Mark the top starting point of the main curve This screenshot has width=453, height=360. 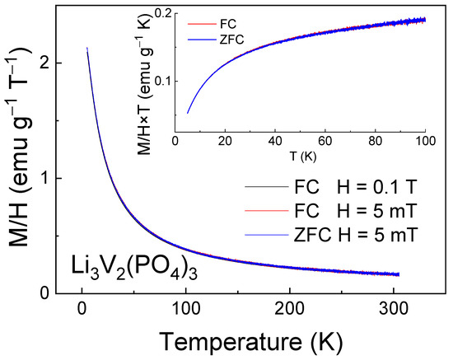pos(86,49)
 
